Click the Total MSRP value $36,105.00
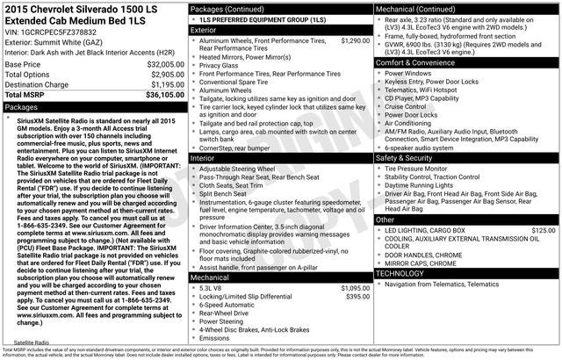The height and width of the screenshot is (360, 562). tap(160, 94)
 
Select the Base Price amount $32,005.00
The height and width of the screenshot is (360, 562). tap(160, 65)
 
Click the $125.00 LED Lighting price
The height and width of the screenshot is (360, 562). tap(544, 230)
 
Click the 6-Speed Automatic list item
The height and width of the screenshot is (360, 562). tap(230, 305)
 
